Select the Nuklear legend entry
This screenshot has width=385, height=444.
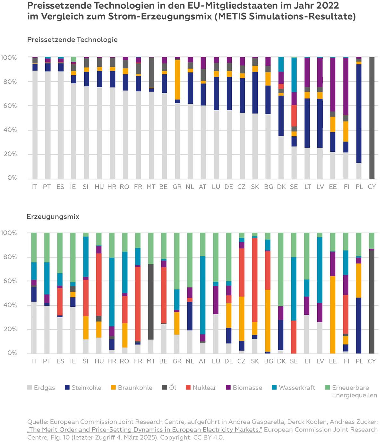point(201,388)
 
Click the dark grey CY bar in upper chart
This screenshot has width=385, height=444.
point(372,119)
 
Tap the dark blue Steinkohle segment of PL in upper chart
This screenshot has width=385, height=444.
point(359,112)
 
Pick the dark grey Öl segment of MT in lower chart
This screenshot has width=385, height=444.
point(151,302)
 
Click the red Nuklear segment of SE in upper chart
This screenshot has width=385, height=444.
point(294,115)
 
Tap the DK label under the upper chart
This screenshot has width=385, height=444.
point(281,187)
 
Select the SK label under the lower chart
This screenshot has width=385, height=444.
point(255,361)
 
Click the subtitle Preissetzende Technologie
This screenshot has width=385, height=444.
point(72,40)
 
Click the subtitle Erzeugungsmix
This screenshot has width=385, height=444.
point(53,217)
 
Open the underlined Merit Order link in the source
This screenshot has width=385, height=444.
point(144,430)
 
